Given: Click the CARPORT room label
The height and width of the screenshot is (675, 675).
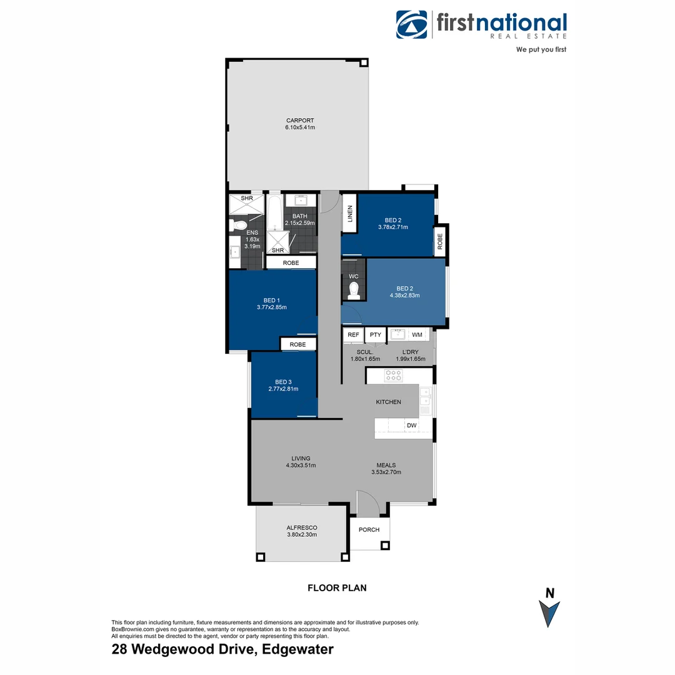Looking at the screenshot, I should pyautogui.click(x=300, y=121).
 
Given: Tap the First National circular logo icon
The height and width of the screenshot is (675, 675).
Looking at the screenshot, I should pyautogui.click(x=411, y=25).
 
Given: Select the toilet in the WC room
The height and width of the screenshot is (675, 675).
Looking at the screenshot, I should pyautogui.click(x=354, y=289).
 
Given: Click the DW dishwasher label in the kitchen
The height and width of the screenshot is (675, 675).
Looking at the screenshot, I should pyautogui.click(x=411, y=426).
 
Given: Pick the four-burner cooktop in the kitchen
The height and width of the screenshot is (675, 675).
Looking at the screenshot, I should pyautogui.click(x=393, y=376).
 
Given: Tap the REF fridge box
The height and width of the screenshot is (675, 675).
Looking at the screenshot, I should pyautogui.click(x=353, y=335).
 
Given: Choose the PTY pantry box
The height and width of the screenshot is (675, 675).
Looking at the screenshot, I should pyautogui.click(x=375, y=335).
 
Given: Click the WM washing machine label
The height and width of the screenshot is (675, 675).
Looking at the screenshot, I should pyautogui.click(x=417, y=335).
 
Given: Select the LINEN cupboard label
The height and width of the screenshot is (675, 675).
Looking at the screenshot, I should pyautogui.click(x=350, y=214).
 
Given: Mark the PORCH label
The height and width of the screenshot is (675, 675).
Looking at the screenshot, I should pyautogui.click(x=369, y=530).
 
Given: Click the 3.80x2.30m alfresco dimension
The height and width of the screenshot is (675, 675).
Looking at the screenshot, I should pyautogui.click(x=302, y=534).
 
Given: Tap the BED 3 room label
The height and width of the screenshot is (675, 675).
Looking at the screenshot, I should pyautogui.click(x=282, y=382).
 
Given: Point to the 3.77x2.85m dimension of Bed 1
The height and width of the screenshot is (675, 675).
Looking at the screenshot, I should pyautogui.click(x=272, y=307).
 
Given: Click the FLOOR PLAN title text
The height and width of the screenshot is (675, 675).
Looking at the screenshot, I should pyautogui.click(x=337, y=587).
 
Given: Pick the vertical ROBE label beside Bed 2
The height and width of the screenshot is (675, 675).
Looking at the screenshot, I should pyautogui.click(x=440, y=241).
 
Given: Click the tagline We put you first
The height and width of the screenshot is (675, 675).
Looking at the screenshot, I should pyautogui.click(x=541, y=49).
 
